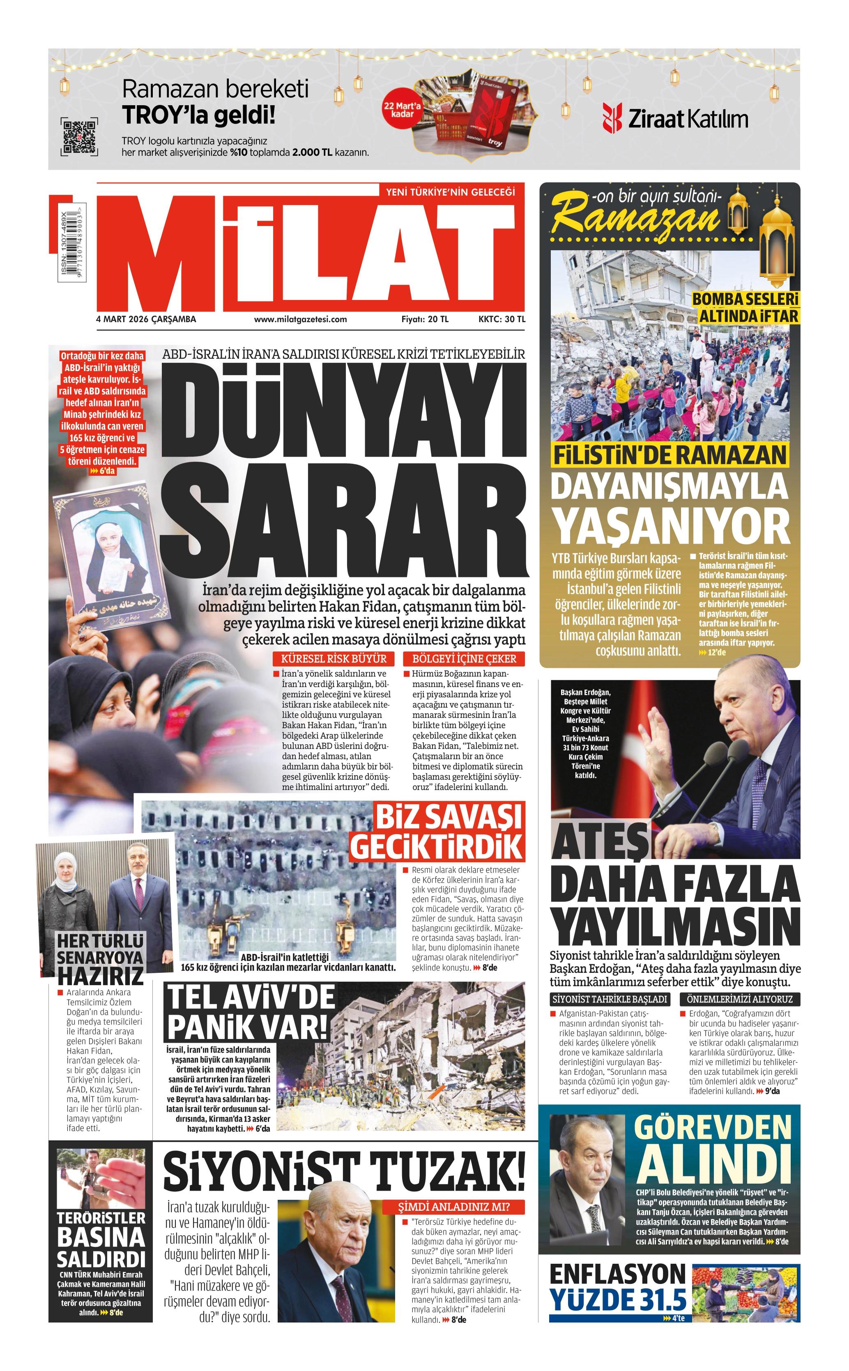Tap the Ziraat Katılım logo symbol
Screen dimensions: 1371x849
[x=612, y=118]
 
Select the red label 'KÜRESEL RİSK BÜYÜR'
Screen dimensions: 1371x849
[x=334, y=659]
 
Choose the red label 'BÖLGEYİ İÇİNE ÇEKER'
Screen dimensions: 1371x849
[x=464, y=659]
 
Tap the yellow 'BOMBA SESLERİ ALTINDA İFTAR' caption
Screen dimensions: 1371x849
[x=745, y=308]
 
